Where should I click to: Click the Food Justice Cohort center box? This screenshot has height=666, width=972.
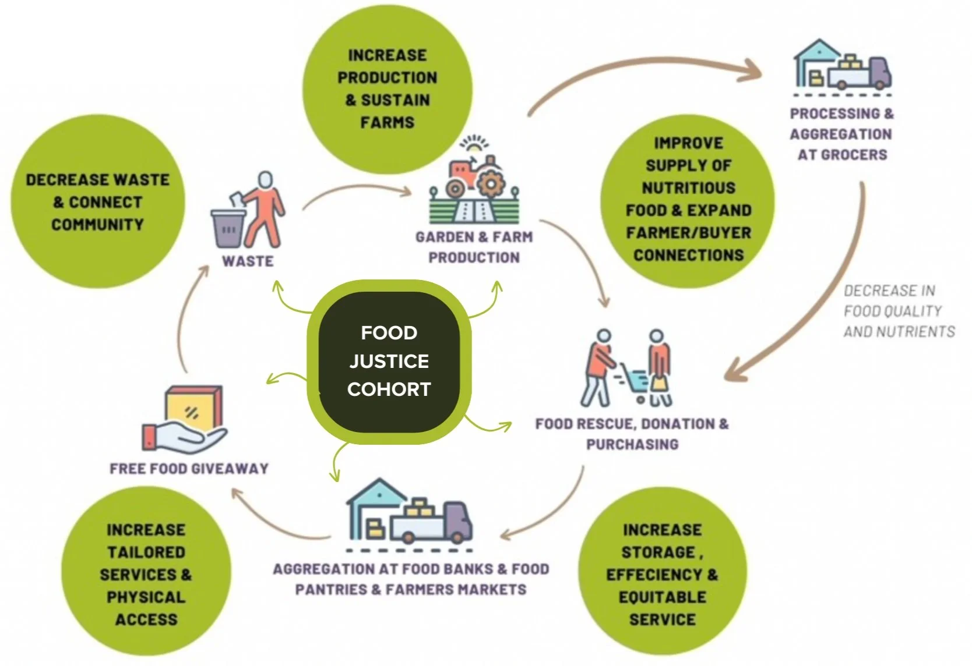389,361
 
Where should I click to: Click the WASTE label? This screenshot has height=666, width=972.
248,261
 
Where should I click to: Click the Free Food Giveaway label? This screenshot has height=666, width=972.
189,469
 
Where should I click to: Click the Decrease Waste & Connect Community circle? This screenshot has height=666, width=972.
97,201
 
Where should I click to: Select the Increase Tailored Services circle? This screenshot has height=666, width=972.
146,574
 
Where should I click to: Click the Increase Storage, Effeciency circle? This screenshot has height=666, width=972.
662,574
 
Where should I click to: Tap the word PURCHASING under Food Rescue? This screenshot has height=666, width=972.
632,445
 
